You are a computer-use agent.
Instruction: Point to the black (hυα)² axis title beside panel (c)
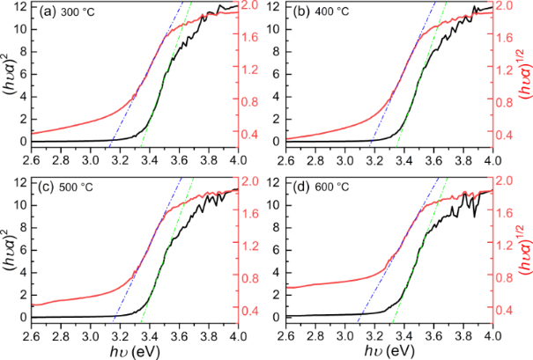tap(9, 253)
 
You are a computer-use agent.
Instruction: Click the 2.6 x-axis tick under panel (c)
tap(32, 335)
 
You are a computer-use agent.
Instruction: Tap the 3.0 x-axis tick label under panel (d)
tap(345, 335)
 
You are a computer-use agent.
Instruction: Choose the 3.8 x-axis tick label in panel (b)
tap(463, 160)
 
